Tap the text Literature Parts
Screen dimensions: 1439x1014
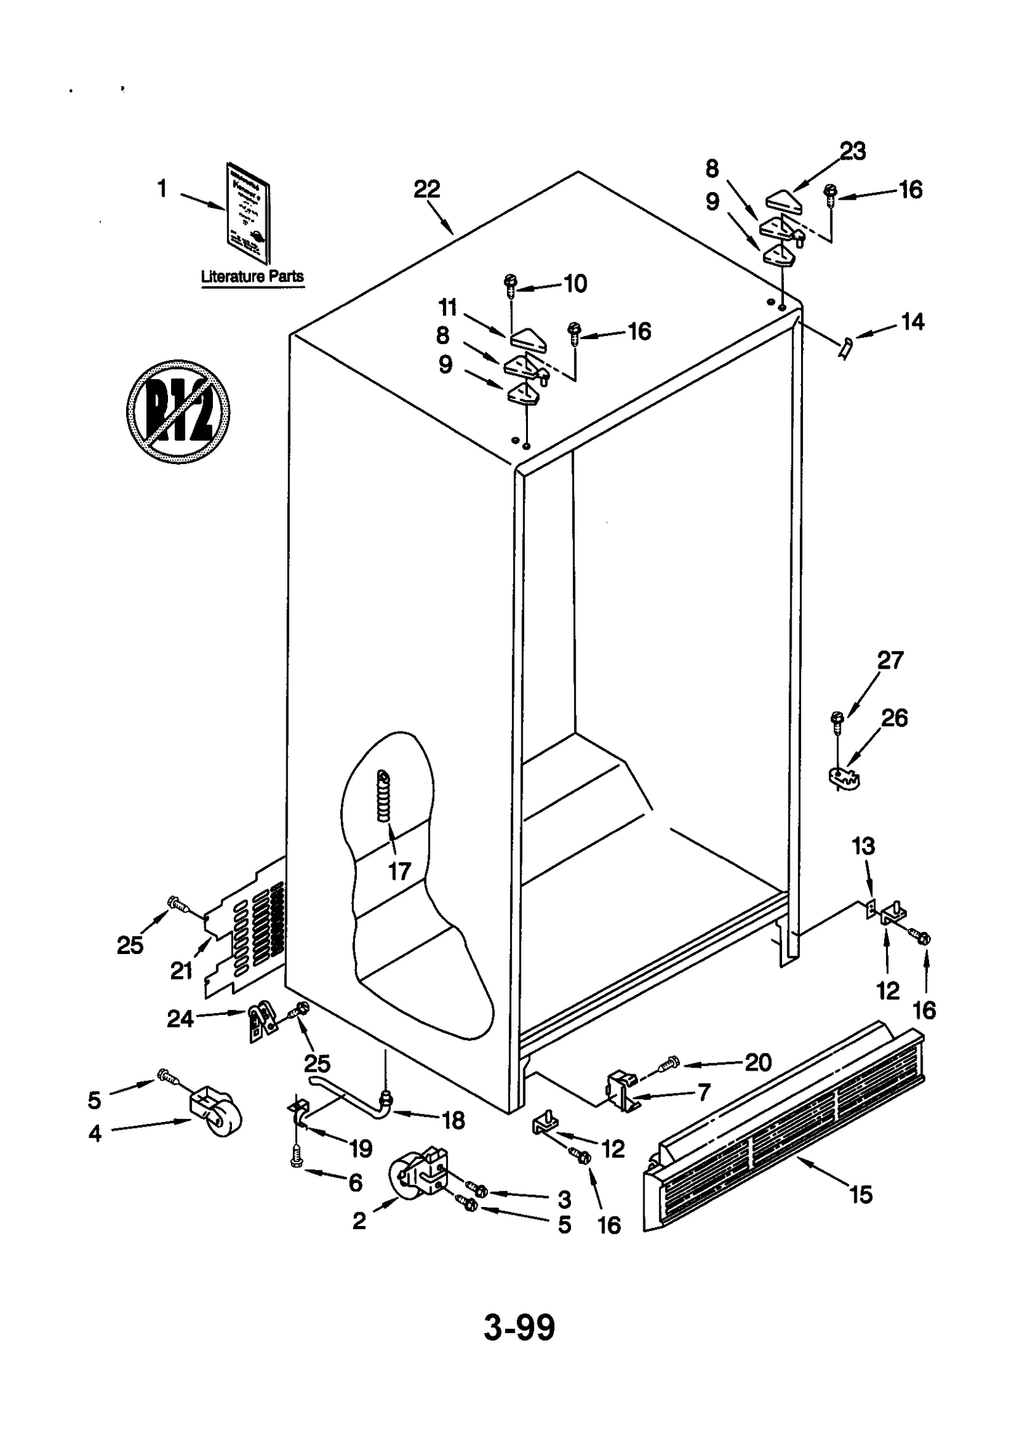[x=252, y=276]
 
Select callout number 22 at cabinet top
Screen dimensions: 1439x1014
[x=427, y=189]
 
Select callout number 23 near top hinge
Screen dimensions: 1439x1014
[x=852, y=152]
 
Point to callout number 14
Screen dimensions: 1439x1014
[x=913, y=322]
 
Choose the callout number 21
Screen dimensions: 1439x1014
[x=181, y=971]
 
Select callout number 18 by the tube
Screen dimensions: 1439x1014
[x=454, y=1120]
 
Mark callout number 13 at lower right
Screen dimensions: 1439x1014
[x=863, y=846]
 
